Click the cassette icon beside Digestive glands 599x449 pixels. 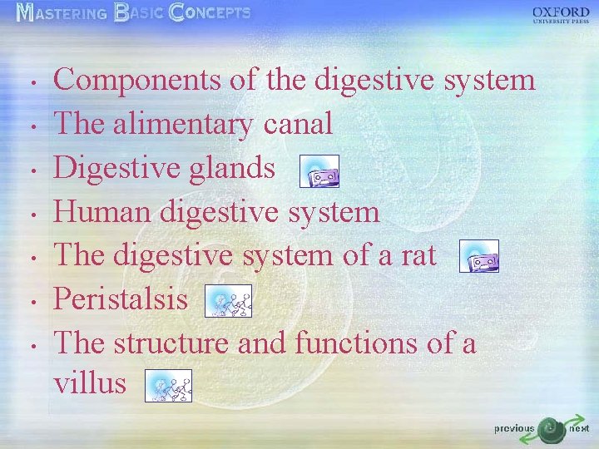[319, 170]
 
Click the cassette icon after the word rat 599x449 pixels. [478, 257]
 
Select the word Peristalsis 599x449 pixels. [121, 299]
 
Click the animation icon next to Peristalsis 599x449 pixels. [228, 300]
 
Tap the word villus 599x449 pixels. [90, 383]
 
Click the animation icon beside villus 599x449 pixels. [168, 385]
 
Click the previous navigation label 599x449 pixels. [514, 429]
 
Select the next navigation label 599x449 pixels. [579, 428]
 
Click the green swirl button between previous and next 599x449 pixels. [550, 429]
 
